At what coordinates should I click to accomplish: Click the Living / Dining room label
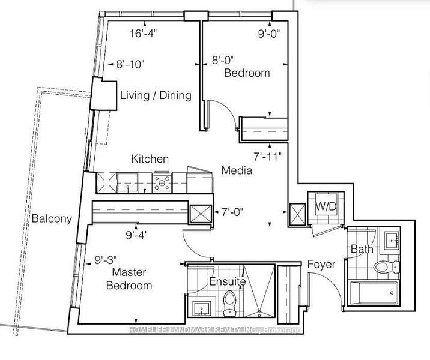(x=156, y=95)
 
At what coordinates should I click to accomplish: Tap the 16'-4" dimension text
(x=143, y=34)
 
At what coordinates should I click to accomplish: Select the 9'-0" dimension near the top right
(x=269, y=34)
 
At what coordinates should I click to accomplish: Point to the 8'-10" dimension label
(x=130, y=64)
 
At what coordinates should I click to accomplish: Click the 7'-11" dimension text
(x=268, y=157)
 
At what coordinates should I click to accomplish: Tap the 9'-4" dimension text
(x=136, y=235)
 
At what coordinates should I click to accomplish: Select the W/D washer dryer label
(x=326, y=206)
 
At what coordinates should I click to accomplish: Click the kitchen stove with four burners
(x=162, y=182)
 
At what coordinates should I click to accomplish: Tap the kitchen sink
(x=127, y=182)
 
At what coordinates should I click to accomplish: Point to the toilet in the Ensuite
(x=229, y=303)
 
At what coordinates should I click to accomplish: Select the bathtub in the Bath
(x=373, y=293)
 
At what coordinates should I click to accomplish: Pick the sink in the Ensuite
(x=202, y=308)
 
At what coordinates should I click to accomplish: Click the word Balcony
(x=52, y=218)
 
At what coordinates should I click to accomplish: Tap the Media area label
(x=237, y=170)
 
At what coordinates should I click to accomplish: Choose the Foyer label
(x=321, y=265)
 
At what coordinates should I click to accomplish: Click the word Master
(x=129, y=272)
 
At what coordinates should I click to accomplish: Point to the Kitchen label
(x=150, y=159)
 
